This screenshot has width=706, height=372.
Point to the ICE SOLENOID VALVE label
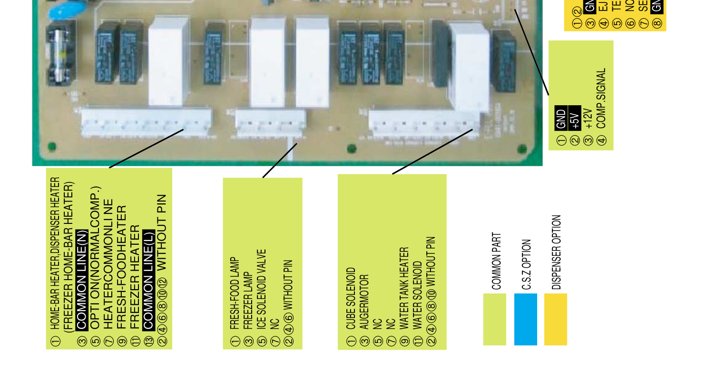tap(261, 289)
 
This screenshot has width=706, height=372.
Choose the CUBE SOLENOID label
tap(351, 298)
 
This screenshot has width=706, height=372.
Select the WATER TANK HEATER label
tap(404, 288)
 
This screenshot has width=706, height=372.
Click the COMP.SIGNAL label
tap(602, 98)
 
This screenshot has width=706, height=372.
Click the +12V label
tap(588, 119)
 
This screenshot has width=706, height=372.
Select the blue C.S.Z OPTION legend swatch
tap(526, 319)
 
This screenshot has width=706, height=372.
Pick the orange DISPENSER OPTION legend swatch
tap(556, 319)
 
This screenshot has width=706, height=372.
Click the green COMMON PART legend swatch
tap(495, 319)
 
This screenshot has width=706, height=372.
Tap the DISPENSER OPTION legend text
tap(557, 252)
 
